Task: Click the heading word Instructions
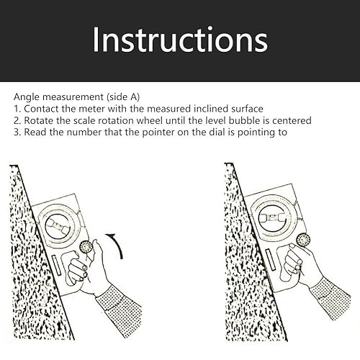click(180, 40)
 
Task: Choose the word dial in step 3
click(218, 132)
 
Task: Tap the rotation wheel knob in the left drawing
click(86, 247)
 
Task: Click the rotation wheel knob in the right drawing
click(303, 240)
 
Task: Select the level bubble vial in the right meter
click(272, 218)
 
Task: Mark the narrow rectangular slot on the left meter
click(58, 265)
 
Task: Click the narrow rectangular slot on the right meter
click(271, 259)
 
